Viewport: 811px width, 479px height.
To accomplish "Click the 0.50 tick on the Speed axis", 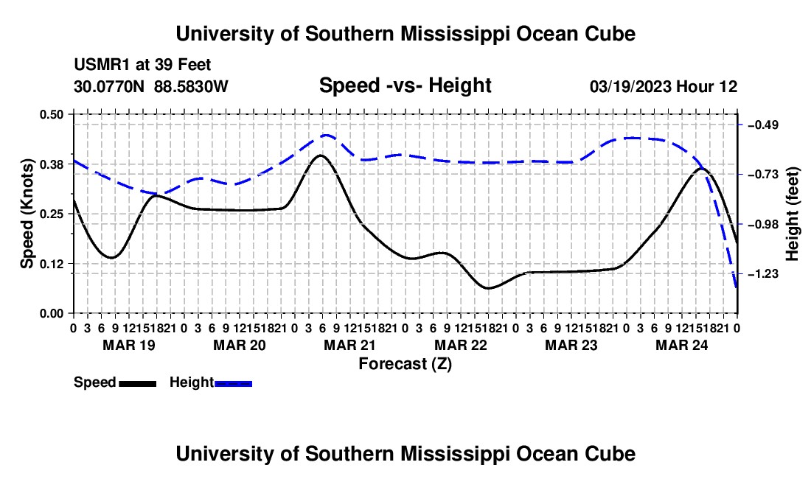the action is [51, 114].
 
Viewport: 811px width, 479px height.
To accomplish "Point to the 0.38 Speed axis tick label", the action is [51, 164].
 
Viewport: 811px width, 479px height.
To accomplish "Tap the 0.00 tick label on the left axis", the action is [51, 314].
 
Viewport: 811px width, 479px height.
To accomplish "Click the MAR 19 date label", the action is [129, 345].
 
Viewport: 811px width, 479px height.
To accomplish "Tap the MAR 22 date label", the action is [461, 345].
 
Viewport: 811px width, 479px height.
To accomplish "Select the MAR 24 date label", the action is [682, 345].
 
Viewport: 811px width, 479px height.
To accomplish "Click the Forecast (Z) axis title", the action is [405, 364].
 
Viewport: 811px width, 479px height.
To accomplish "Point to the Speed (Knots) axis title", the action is [27, 214].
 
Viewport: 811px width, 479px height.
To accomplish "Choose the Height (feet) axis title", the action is [793, 214].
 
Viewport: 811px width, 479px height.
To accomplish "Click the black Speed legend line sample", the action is [138, 383].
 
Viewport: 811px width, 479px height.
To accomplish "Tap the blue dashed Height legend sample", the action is [233, 383].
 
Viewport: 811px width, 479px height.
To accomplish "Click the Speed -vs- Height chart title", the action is [405, 85].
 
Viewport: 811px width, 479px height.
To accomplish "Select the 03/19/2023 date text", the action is [630, 86].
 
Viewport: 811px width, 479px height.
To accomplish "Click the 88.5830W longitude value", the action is [191, 86].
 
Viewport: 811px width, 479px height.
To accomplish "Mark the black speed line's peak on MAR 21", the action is [321, 155].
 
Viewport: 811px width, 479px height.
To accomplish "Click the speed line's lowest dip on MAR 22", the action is [488, 288].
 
